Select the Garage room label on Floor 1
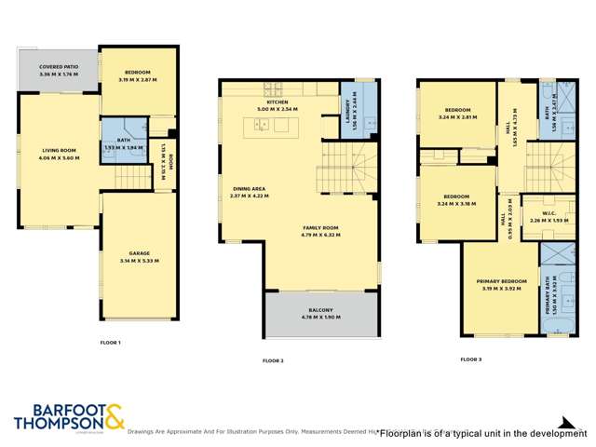coord(140,257)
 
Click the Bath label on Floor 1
coord(123,145)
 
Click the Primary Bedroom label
coord(498,283)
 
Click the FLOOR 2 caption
coord(273,359)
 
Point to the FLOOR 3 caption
coord(471,358)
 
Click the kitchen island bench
coord(275,126)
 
